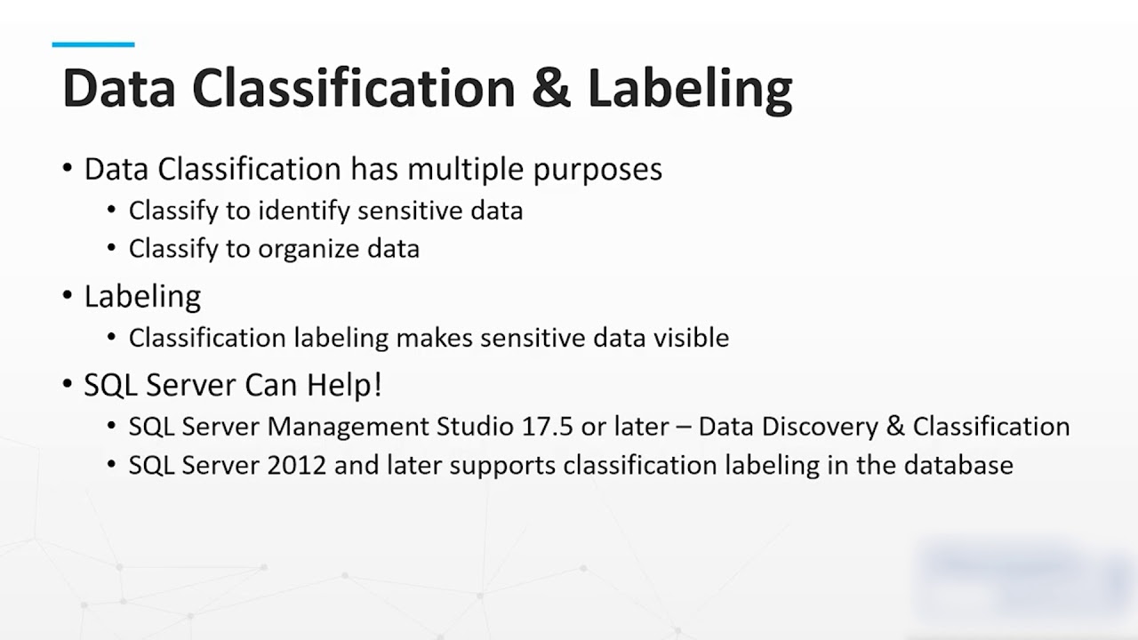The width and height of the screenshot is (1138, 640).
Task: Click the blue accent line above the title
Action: (x=93, y=44)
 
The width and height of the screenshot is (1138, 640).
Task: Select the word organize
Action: (x=309, y=249)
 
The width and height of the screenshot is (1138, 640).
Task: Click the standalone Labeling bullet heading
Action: (x=142, y=297)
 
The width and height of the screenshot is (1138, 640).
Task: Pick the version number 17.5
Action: (x=544, y=427)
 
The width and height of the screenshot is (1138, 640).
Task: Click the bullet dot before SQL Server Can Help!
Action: (x=68, y=384)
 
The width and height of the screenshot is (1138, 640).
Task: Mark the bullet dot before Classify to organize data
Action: (x=111, y=248)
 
